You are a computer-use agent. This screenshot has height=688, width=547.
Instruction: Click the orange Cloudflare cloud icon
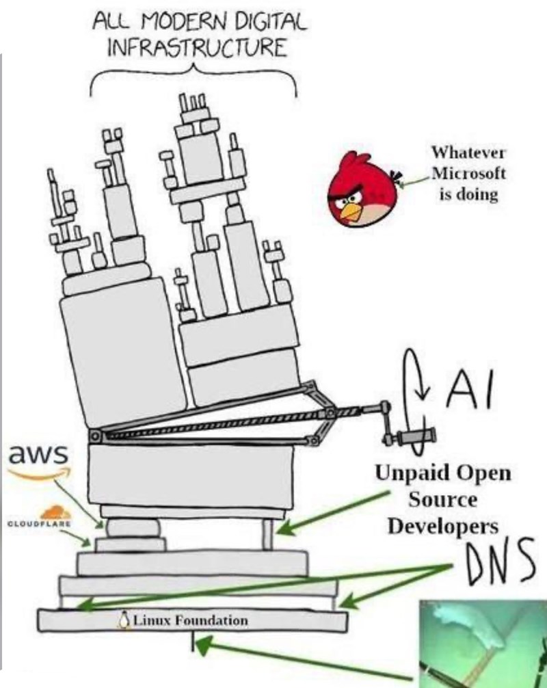pos(53,512)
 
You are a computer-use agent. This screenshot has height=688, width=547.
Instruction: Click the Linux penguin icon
pos(124,620)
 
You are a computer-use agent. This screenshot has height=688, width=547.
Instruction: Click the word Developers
pos(442,527)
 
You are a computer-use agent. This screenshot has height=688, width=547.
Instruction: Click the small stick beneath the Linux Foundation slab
pos(194,642)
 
